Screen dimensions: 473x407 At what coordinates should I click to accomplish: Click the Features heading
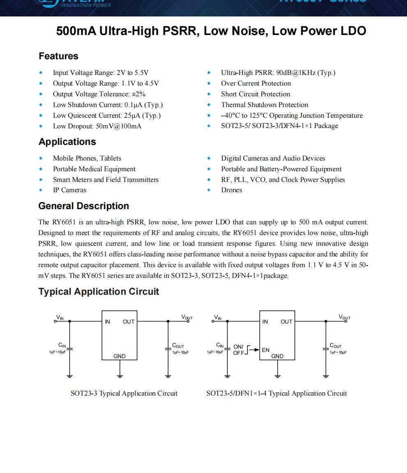[58, 56]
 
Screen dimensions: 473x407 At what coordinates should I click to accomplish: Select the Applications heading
[67, 142]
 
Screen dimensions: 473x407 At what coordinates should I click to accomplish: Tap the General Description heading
[83, 206]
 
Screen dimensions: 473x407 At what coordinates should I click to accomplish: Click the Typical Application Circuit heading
[99, 291]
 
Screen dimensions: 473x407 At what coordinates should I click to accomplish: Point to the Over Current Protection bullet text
[256, 83]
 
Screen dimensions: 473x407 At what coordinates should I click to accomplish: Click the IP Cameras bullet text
[69, 190]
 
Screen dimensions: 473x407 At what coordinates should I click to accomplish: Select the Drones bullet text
[231, 190]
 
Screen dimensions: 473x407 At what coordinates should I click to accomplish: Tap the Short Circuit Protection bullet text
[255, 94]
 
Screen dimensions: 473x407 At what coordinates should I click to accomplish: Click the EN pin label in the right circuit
[266, 350]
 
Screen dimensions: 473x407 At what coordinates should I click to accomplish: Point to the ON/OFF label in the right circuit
[238, 350]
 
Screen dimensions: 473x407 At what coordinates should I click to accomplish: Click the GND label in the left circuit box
[120, 356]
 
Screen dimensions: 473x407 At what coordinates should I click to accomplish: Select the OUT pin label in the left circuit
[129, 322]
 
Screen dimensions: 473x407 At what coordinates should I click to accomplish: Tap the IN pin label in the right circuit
[265, 322]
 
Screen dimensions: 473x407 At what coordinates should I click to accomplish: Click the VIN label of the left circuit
[60, 317]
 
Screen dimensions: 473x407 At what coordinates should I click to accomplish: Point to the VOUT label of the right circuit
[345, 317]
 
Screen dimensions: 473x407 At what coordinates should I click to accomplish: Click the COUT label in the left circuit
[178, 346]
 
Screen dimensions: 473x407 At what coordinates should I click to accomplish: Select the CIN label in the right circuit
[220, 345]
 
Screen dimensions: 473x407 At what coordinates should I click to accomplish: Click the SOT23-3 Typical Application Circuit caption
[124, 393]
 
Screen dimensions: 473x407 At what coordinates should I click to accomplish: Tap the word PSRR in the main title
[181, 31]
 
